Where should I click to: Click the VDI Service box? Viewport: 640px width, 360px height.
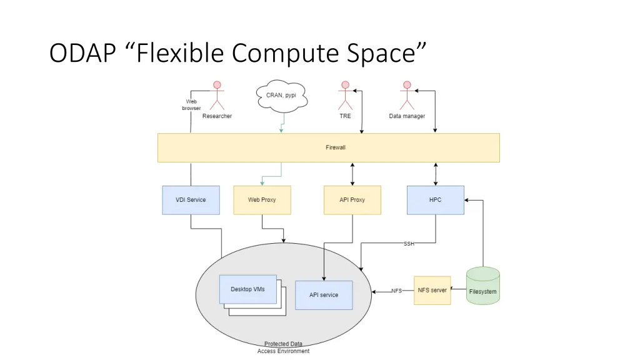[x=191, y=200]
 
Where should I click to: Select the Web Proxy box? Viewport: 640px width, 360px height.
[x=262, y=200]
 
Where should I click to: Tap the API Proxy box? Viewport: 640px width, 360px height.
[x=352, y=200]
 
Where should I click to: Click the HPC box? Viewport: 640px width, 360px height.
[x=436, y=200]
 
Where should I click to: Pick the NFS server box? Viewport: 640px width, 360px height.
[x=432, y=291]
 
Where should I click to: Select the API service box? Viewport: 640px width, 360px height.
[x=324, y=295]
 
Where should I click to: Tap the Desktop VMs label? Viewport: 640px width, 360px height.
[x=247, y=289]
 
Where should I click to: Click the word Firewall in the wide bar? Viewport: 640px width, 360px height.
[x=336, y=147]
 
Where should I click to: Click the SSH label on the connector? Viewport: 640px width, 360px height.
[x=409, y=244]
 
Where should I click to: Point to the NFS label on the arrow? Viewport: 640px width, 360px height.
[x=396, y=291]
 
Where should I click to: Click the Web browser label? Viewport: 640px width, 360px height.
[x=191, y=105]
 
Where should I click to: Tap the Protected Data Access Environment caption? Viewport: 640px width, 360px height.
[x=283, y=347]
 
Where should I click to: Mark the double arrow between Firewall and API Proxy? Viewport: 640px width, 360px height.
[x=352, y=174]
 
